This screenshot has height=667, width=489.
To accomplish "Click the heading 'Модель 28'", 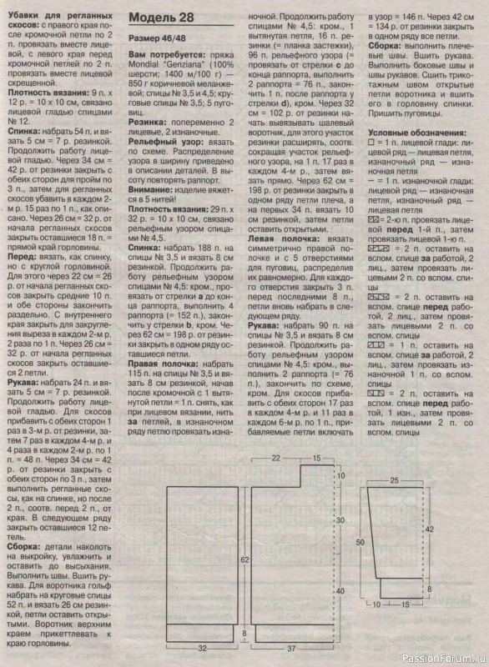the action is pyautogui.click(x=163, y=19).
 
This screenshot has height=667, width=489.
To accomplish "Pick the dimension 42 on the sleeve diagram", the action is pyautogui.click(x=431, y=529).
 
